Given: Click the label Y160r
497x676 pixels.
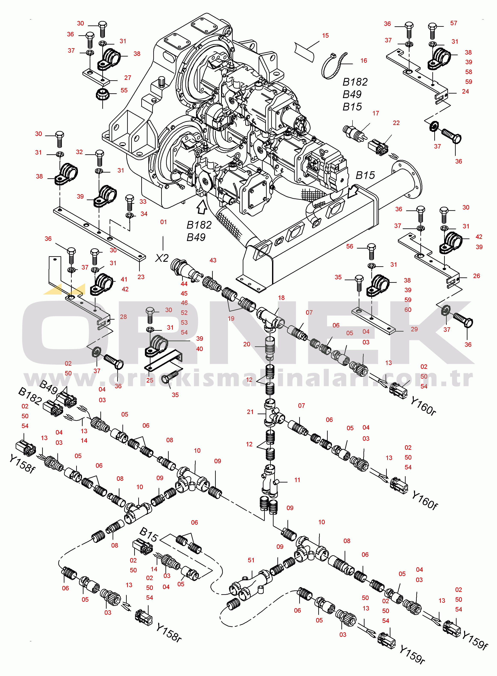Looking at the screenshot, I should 423,406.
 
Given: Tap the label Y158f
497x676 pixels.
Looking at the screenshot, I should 22,464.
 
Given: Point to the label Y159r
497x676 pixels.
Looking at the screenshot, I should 412,654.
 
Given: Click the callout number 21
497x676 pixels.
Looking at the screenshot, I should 250,412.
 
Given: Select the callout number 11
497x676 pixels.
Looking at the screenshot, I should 297,480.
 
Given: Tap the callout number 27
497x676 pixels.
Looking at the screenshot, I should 128,78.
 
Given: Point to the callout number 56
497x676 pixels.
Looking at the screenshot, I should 349,246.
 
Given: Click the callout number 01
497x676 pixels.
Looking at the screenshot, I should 163,222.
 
